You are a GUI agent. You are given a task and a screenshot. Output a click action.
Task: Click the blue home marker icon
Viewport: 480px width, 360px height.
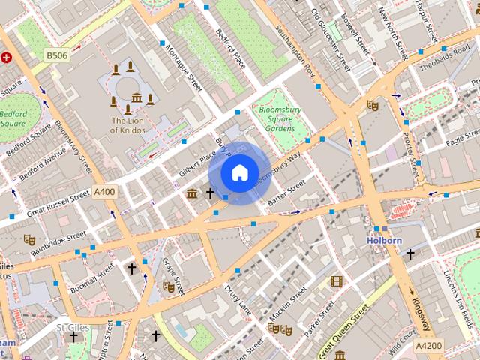point(238,172)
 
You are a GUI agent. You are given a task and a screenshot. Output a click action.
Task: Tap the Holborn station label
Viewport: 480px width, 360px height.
point(384,241)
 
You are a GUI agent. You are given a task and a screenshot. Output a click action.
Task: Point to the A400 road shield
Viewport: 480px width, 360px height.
point(105,193)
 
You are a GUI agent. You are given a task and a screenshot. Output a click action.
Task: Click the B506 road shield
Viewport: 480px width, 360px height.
point(56,55)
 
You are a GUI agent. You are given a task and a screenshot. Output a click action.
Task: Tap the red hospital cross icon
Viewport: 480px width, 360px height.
point(7,56)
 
